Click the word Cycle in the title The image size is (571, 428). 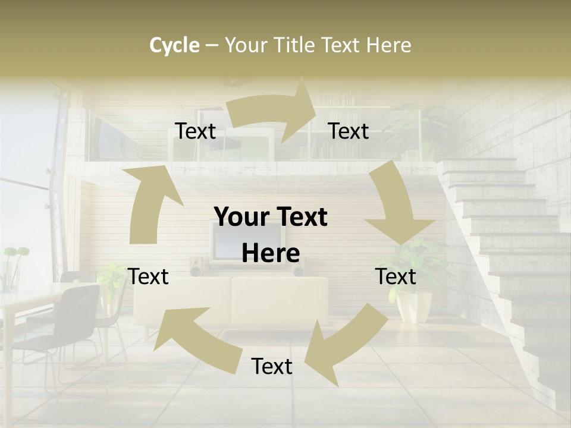pos(174,45)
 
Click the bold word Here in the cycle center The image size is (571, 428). pos(271,254)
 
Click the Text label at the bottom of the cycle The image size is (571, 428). pos(272,367)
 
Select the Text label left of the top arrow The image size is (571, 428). pos(195,131)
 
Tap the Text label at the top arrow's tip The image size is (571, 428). pos(349,131)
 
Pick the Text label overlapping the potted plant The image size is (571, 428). pos(396,276)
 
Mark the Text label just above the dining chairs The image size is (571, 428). pos(149,276)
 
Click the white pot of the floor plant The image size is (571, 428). pos(415,306)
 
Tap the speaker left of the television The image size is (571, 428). pos(196,267)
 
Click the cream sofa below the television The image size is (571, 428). pos(280,300)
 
